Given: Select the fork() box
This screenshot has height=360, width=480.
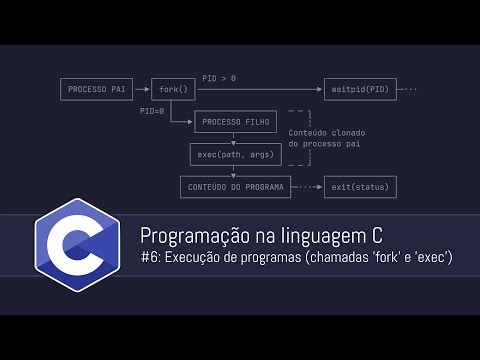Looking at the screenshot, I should (172, 89).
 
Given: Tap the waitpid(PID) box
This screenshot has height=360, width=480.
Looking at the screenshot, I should (357, 89).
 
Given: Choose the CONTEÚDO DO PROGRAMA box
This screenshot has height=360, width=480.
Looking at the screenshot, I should (234, 186).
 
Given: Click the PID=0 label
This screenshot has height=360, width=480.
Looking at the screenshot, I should (152, 111).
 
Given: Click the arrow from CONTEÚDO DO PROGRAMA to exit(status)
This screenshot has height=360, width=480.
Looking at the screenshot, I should (307, 186).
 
